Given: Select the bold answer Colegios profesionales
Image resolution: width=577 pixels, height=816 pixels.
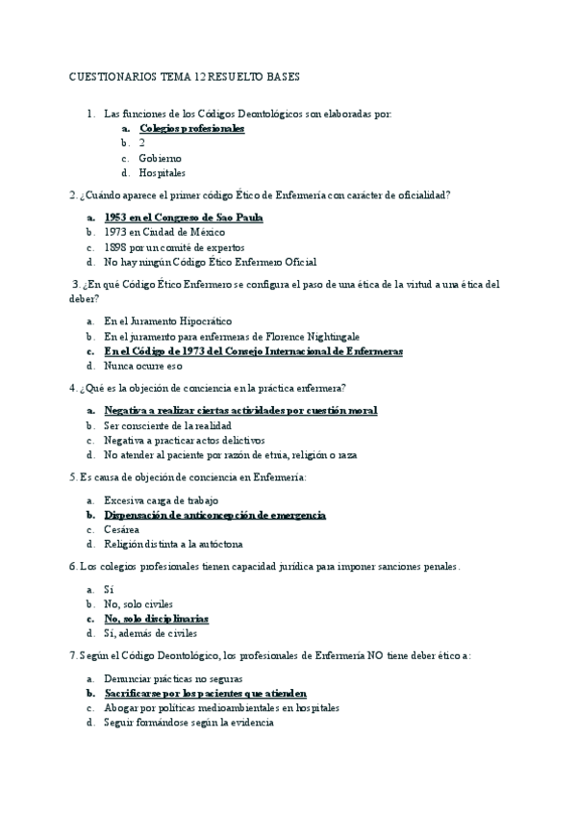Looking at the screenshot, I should click(191, 128).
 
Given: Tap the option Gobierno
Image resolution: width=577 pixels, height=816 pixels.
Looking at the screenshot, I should click(160, 158).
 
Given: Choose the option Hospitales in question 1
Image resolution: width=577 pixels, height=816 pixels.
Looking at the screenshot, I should click(163, 173).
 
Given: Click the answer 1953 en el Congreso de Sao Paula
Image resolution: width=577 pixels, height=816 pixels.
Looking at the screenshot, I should click(184, 217).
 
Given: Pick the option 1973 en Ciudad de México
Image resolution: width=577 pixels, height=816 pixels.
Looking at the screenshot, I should click(164, 232).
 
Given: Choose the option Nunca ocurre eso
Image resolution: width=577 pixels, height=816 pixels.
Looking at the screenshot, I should click(143, 367).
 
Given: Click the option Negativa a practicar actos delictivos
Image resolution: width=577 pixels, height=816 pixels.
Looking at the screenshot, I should click(185, 440).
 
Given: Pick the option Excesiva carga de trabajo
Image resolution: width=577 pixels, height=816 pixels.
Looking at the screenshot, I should click(161, 500).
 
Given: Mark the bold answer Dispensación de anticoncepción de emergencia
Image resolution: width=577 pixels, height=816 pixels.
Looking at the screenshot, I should click(215, 515).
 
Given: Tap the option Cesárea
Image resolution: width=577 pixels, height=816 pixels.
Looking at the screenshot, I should click(122, 530).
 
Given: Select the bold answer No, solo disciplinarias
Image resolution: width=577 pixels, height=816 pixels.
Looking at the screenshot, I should click(157, 619).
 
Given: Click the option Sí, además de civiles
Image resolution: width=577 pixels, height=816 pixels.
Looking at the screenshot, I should click(150, 634).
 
